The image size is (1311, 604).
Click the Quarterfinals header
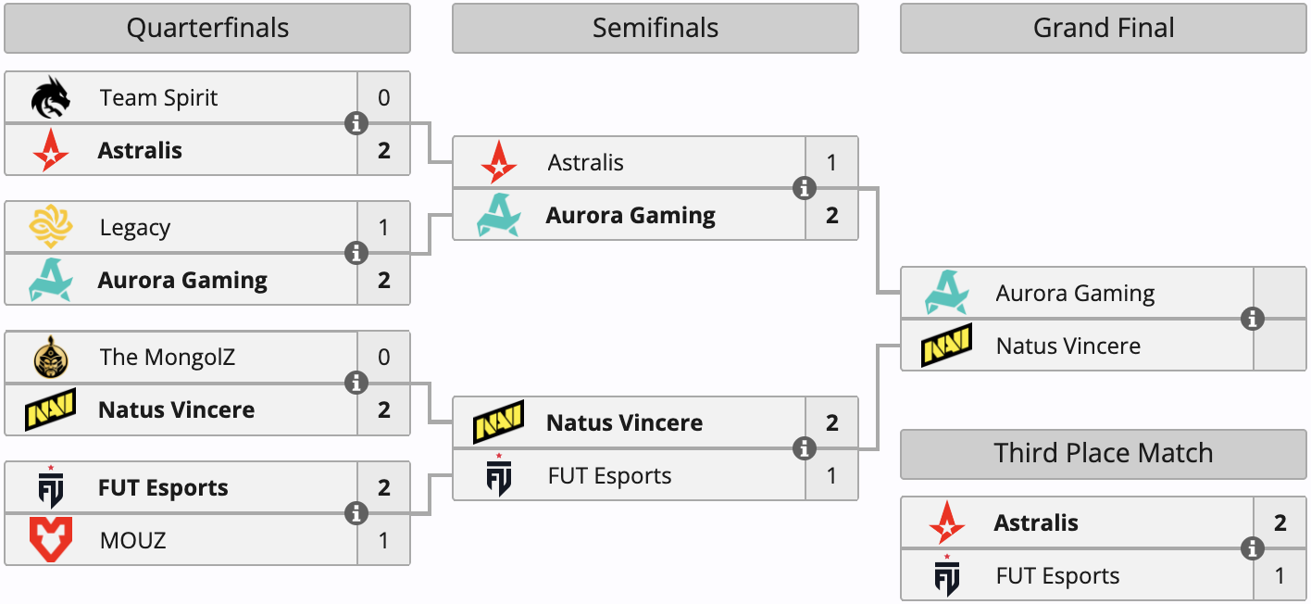click(207, 29)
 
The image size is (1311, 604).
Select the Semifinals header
click(655, 29)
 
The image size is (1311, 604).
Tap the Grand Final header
click(1104, 29)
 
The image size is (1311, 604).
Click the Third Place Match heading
click(1104, 453)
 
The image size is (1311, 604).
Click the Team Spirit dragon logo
click(50, 98)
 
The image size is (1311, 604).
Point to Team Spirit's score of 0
click(384, 98)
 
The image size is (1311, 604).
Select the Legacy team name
click(135, 228)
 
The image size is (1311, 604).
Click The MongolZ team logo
click(50, 358)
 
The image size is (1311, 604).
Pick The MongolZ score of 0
click(384, 358)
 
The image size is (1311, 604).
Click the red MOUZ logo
click(50, 540)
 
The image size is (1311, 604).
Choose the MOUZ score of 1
click(384, 540)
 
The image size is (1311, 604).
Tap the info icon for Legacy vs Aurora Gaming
click(356, 253)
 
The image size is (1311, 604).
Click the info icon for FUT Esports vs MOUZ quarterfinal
click(356, 513)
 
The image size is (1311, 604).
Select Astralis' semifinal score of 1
click(831, 163)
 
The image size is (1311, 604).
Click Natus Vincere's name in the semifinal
click(625, 423)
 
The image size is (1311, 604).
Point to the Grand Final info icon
click(1253, 319)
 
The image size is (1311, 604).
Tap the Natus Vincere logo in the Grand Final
click(946, 346)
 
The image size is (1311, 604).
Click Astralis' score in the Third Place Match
click(1280, 523)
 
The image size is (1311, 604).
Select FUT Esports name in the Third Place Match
click(1057, 576)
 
